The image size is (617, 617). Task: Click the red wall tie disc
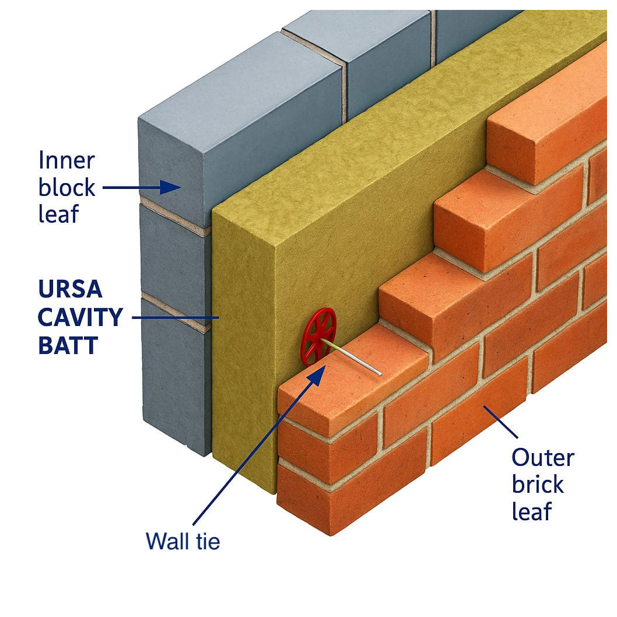[318, 337]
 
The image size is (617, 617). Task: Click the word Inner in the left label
[66, 160]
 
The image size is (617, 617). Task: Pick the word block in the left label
[66, 188]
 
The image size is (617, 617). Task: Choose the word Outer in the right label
[542, 458]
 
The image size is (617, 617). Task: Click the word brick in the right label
[538, 485]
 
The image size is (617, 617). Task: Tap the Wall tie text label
[183, 541]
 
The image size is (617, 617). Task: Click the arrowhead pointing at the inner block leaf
[171, 187]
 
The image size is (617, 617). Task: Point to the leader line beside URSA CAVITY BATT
[175, 318]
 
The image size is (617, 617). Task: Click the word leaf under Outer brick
[531, 511]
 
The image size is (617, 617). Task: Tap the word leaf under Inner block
[58, 215]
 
